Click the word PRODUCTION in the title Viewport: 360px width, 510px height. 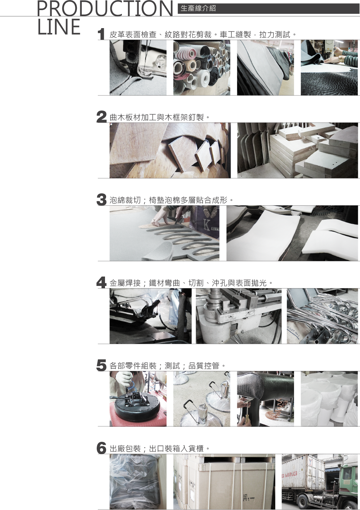tap(105, 8)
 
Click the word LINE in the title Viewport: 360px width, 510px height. tap(59, 27)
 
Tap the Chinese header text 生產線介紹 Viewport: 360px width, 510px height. tap(198, 9)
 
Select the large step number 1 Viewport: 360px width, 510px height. tap(101, 34)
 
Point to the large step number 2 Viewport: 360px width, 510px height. tap(102, 117)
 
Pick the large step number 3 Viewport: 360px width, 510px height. tap(102, 199)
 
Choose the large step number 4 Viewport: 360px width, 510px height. tap(102, 282)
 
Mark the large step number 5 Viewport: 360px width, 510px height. tap(102, 365)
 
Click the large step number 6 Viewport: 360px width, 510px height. tap(102, 448)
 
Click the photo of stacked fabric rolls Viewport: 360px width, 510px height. tap(202, 67)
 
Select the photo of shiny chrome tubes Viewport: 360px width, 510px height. tap(322, 316)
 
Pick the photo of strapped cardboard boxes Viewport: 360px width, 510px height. tap(224, 482)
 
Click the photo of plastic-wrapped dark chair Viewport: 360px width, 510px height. tap(138, 482)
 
